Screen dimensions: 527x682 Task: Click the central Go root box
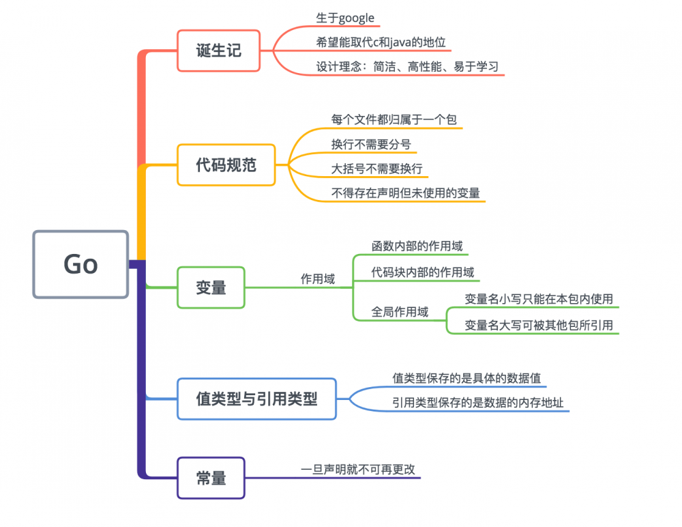point(80,264)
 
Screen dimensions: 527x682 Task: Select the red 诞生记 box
point(219,51)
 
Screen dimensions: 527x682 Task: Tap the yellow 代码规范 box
point(226,165)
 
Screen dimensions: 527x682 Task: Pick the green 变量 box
point(211,287)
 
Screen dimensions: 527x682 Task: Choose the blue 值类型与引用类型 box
point(256,399)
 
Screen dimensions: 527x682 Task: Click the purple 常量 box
point(211,478)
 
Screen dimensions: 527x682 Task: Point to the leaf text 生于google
point(345,18)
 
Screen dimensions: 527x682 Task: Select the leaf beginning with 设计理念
point(407,66)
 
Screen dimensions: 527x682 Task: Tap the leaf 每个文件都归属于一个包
point(394,119)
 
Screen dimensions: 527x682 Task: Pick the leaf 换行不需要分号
point(371,144)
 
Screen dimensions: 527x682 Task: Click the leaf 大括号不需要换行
point(377,169)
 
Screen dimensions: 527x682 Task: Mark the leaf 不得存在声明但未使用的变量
point(405,193)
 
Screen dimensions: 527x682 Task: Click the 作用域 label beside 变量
point(318,279)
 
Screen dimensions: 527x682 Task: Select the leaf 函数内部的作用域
point(417,246)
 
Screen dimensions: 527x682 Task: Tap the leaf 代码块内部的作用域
point(422,272)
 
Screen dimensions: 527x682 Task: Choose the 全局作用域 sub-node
point(400,311)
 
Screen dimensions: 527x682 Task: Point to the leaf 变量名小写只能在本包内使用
point(538,298)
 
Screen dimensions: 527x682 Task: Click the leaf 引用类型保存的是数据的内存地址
point(477,403)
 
